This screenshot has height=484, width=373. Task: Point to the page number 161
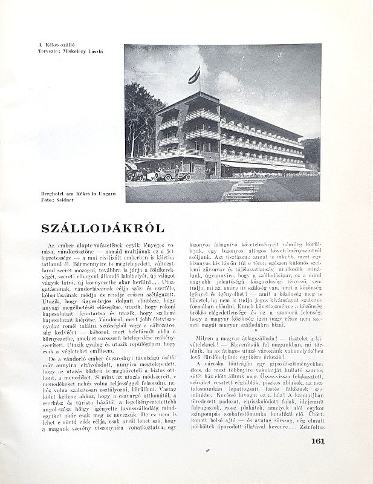[x=318, y=440]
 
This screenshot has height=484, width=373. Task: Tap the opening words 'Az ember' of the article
[x=65, y=243]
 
